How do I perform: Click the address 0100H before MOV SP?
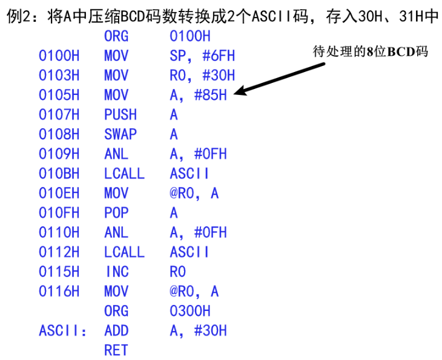pyautogui.click(x=59, y=56)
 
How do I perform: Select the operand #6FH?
pyautogui.click(x=219, y=56)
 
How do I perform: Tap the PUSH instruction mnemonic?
pyautogui.click(x=120, y=114)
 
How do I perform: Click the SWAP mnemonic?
pyautogui.click(x=120, y=134)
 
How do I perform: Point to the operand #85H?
pyautogui.click(x=210, y=95)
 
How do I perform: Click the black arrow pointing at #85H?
pyautogui.click(x=279, y=79)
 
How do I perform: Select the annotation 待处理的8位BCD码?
pyautogui.click(x=371, y=51)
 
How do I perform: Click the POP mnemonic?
pyautogui.click(x=116, y=213)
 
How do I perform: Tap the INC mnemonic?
pyautogui.click(x=117, y=272)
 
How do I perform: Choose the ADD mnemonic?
pyautogui.click(x=116, y=330)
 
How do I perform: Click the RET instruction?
pyautogui.click(x=116, y=350)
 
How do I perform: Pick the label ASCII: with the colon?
pyautogui.click(x=62, y=330)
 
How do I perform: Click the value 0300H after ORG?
pyautogui.click(x=190, y=311)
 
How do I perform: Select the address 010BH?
pyautogui.click(x=59, y=174)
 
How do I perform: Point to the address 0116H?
pyautogui.click(x=59, y=291)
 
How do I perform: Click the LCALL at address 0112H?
pyautogui.click(x=124, y=252)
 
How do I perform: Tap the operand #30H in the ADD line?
pyautogui.click(x=210, y=330)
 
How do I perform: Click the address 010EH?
pyautogui.click(x=59, y=193)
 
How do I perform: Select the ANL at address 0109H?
pyautogui.click(x=116, y=154)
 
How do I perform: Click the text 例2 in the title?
pyautogui.click(x=18, y=16)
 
